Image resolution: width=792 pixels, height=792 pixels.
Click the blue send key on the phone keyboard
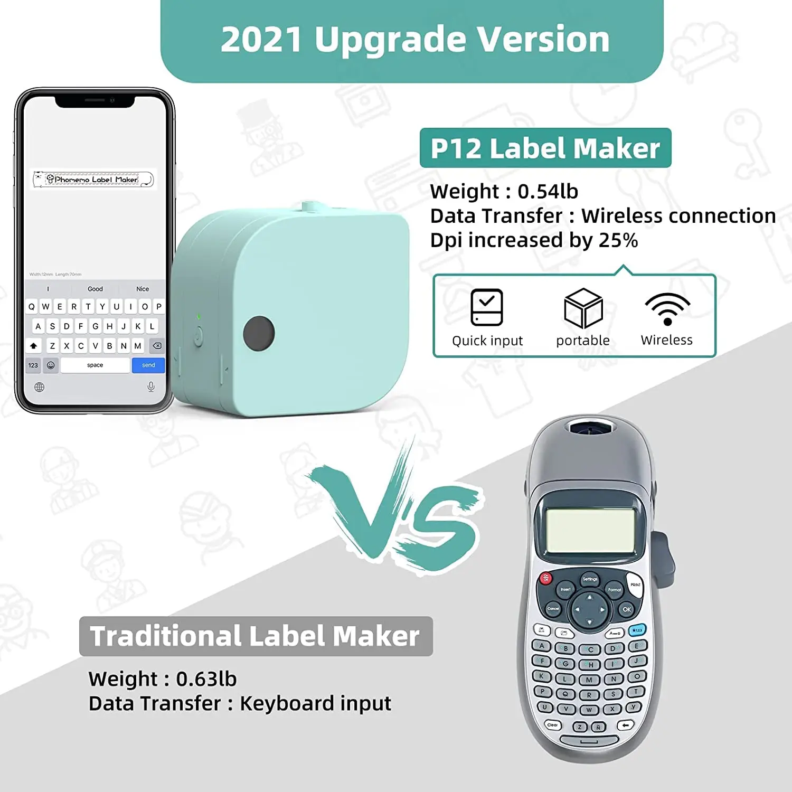click(x=148, y=365)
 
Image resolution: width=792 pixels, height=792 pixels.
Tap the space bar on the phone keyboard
click(x=95, y=365)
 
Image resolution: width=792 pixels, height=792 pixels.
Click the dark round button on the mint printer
click(x=259, y=333)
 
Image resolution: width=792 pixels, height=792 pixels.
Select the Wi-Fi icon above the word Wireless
click(x=667, y=309)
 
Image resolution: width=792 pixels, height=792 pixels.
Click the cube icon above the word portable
click(x=583, y=308)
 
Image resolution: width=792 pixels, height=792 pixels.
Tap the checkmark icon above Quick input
click(x=486, y=307)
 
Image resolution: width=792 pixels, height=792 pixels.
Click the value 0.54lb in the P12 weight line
click(x=548, y=191)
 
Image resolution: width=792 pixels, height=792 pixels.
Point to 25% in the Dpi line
click(x=618, y=240)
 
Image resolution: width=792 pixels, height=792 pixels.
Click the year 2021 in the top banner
click(x=261, y=40)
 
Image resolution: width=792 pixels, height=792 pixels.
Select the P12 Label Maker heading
click(x=545, y=148)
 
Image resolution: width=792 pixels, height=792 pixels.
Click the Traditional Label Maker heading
click(x=256, y=636)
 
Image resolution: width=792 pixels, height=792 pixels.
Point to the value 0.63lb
click(x=206, y=679)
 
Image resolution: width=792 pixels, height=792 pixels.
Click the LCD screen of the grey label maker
click(x=590, y=530)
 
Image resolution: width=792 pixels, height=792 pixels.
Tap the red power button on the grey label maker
click(x=545, y=578)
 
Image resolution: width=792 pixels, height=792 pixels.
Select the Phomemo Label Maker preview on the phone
click(x=93, y=180)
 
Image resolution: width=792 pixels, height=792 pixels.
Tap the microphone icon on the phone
click(x=151, y=387)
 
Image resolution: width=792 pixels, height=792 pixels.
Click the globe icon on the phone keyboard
click(x=39, y=387)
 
